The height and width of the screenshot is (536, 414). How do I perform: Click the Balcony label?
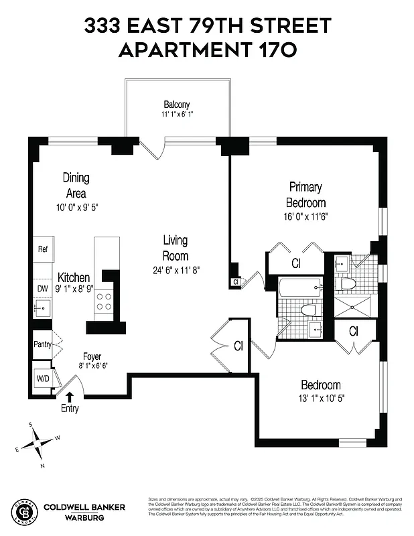[x=177, y=105]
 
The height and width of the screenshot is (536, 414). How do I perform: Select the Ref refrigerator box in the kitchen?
[x=43, y=249]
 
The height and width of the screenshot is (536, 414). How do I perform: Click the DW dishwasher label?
[x=42, y=289]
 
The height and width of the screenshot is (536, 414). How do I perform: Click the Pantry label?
[x=42, y=344]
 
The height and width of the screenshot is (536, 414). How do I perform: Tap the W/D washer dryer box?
[x=43, y=378]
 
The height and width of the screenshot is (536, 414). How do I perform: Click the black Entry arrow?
[x=70, y=397]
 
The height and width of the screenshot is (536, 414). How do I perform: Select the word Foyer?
[x=92, y=357]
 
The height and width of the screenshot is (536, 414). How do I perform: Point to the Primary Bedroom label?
[x=305, y=194]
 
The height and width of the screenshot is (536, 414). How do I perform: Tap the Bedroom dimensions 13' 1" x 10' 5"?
[x=320, y=398]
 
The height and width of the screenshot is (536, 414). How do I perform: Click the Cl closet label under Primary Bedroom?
[x=296, y=263]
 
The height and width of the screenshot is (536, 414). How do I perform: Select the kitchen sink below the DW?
[x=41, y=310]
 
